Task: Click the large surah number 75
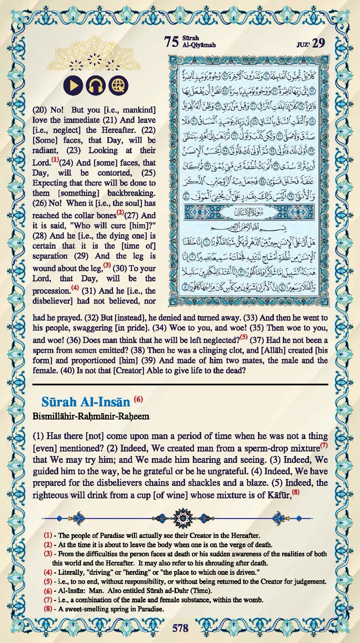click(171, 43)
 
